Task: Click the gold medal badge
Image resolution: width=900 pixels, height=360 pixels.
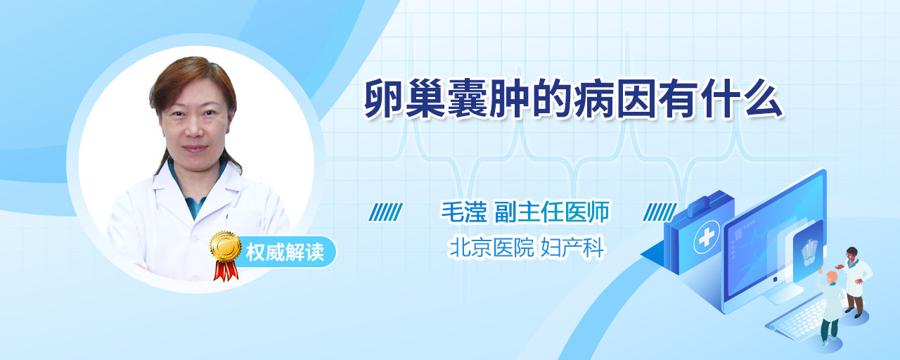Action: [x=226, y=246]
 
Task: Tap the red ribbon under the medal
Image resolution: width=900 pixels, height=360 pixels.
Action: [x=226, y=271]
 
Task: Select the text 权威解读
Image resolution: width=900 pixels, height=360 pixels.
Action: [x=285, y=252]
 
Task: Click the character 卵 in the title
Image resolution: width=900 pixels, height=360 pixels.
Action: [x=384, y=98]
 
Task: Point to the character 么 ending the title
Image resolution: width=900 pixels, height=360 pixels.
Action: [x=762, y=98]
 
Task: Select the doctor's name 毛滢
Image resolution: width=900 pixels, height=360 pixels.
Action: [x=464, y=212]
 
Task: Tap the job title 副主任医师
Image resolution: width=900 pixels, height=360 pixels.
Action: [x=552, y=212]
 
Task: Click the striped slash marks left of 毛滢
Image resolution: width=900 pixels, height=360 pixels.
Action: [x=386, y=212]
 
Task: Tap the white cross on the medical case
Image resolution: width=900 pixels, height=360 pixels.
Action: [x=707, y=237]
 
